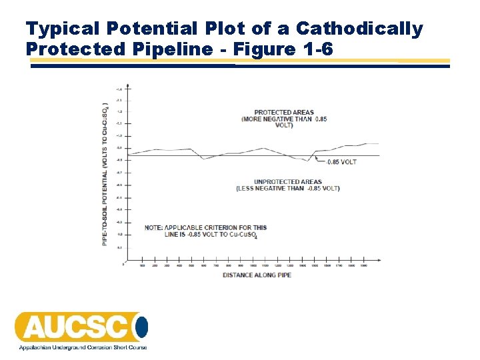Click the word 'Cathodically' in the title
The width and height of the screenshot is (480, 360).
pyautogui.click(x=359, y=29)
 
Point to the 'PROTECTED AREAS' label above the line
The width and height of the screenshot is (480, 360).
pyautogui.click(x=284, y=112)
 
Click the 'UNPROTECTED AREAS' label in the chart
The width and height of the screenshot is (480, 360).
pyautogui.click(x=288, y=181)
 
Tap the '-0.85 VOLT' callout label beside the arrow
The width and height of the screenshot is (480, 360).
pyautogui.click(x=341, y=162)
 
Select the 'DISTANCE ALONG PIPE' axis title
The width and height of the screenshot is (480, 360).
pyautogui.click(x=256, y=275)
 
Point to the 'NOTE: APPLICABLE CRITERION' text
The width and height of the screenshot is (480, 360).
pyautogui.click(x=205, y=228)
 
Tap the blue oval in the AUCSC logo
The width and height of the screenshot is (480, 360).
pyautogui.click(x=142, y=327)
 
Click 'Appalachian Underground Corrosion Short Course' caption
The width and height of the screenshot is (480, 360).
pyautogui.click(x=82, y=347)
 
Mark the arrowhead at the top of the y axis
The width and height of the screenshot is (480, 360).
pyautogui.click(x=127, y=86)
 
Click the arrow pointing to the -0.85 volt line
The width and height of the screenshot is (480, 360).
pyautogui.click(x=318, y=160)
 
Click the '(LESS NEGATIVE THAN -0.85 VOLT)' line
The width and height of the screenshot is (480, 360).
pyautogui.click(x=288, y=189)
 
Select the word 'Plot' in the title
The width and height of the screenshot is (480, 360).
pyautogui.click(x=227, y=29)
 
